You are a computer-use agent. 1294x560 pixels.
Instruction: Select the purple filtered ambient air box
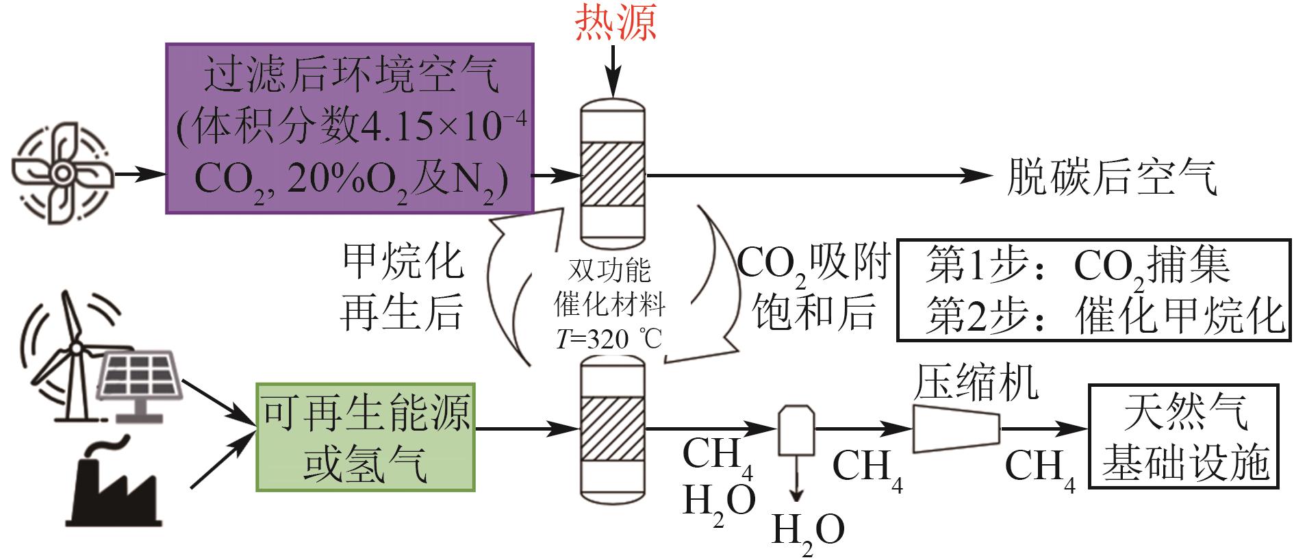pos(349,129)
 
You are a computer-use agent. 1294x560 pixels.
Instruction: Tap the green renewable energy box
pos(366,437)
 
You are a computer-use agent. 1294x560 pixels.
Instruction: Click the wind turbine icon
pos(65,356)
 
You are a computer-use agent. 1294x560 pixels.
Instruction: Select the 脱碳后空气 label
pos(1111,177)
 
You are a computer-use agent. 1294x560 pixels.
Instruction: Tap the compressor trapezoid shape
pos(956,429)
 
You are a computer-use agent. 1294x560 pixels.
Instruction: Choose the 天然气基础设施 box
pos(1183,437)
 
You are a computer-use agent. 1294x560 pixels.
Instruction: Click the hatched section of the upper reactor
pos(613,174)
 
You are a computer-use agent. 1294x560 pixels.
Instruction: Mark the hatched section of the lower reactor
pos(613,430)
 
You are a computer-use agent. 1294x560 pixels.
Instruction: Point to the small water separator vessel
pos(797,430)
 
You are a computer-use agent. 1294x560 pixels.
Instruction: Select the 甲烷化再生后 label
pos(402,288)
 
